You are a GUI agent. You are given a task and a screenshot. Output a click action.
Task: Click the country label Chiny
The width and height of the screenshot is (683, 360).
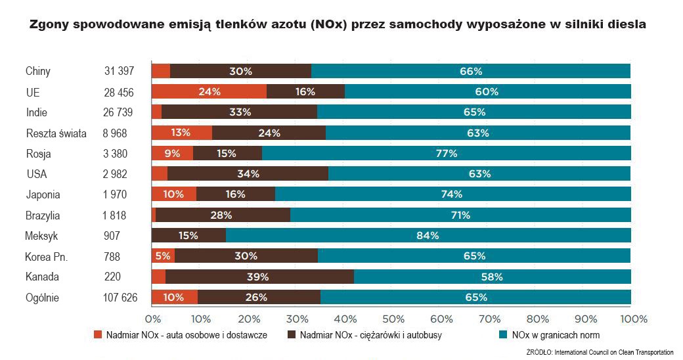click(37, 71)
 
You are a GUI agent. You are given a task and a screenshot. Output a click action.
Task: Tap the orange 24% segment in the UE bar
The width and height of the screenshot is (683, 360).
click(209, 92)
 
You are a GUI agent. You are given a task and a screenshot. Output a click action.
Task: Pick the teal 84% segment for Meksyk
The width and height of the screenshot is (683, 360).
click(428, 236)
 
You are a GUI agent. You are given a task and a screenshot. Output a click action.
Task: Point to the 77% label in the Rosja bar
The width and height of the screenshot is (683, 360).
click(447, 154)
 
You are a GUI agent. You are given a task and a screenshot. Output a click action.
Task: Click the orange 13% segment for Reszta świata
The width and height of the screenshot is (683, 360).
click(182, 133)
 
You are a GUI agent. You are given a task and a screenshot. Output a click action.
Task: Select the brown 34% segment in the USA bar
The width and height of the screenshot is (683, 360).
click(248, 174)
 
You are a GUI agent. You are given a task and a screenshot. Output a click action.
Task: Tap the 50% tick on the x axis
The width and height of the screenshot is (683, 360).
click(393, 319)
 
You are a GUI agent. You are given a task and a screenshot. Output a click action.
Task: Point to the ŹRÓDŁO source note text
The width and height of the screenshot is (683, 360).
click(600, 353)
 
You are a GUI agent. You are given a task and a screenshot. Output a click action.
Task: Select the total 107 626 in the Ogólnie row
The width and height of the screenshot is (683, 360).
click(120, 298)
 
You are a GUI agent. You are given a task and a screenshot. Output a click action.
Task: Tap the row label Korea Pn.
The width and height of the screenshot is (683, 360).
click(47, 256)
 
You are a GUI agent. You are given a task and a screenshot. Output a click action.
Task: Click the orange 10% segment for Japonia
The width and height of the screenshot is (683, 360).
click(174, 194)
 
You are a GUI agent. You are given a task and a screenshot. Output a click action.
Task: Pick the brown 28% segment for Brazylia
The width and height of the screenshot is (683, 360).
click(223, 215)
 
